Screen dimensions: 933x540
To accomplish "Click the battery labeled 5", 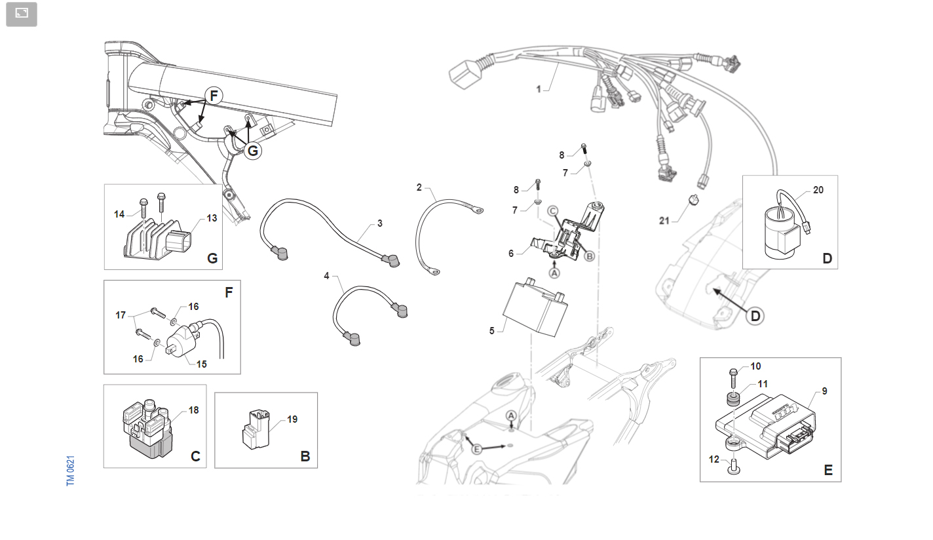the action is tap(535, 307).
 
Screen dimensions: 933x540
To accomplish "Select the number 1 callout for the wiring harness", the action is tap(539, 89).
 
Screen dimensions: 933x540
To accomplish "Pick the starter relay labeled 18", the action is tap(147, 429).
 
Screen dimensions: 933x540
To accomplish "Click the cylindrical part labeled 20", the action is tap(782, 234).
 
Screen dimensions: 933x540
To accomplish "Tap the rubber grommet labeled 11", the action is tap(734, 398).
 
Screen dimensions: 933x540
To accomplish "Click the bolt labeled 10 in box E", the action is tap(733, 377).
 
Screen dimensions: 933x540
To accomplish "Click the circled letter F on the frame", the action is tap(214, 96).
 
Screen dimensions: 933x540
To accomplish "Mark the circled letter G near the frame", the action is tap(253, 151).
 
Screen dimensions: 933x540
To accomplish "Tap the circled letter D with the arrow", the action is tap(755, 316).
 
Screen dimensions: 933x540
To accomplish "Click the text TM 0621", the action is tap(70, 471).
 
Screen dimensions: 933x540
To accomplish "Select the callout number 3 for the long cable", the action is tap(380, 223).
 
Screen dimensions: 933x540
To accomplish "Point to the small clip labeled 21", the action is tap(694, 199).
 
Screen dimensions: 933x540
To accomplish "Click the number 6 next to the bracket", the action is tap(511, 254).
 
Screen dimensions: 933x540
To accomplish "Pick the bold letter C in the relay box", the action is tap(195, 456).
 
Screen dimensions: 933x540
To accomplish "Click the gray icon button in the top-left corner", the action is tap(22, 14).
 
